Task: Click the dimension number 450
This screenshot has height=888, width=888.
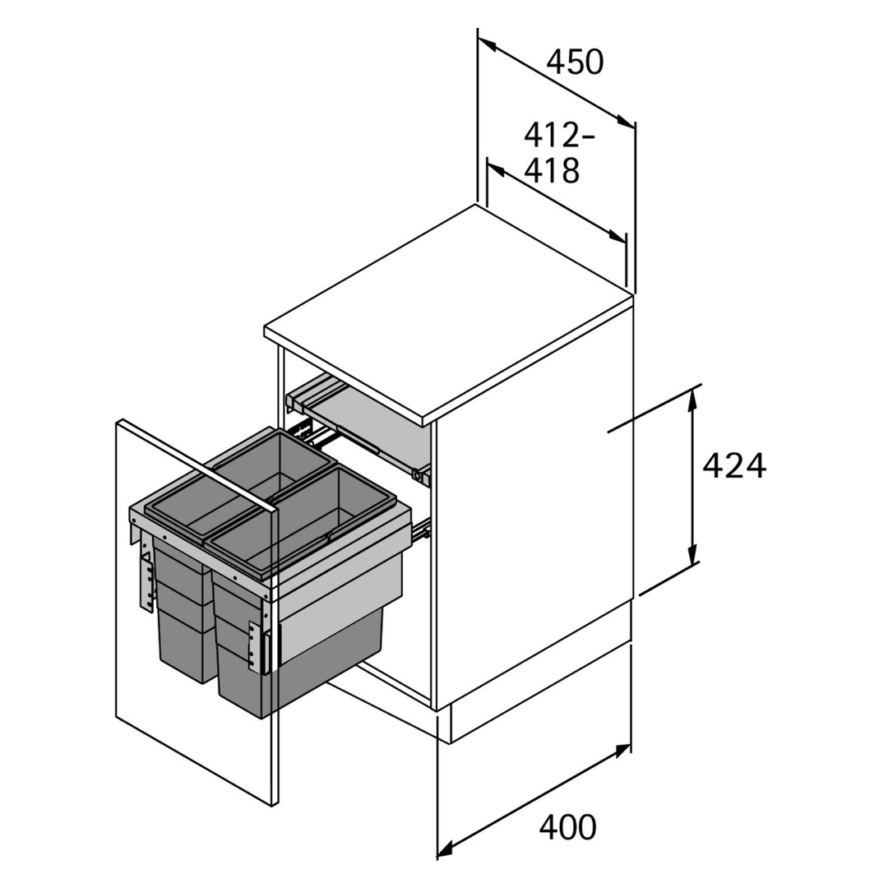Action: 575,62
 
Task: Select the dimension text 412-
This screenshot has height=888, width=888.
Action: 560,136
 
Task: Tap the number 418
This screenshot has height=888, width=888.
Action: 553,170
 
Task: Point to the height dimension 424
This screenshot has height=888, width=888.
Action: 734,465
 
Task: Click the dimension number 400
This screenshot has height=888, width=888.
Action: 567,827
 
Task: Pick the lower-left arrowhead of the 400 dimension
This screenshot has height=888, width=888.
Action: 446,847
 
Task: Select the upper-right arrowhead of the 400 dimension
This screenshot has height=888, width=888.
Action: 622,752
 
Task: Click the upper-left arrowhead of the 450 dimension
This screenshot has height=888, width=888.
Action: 487,44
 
